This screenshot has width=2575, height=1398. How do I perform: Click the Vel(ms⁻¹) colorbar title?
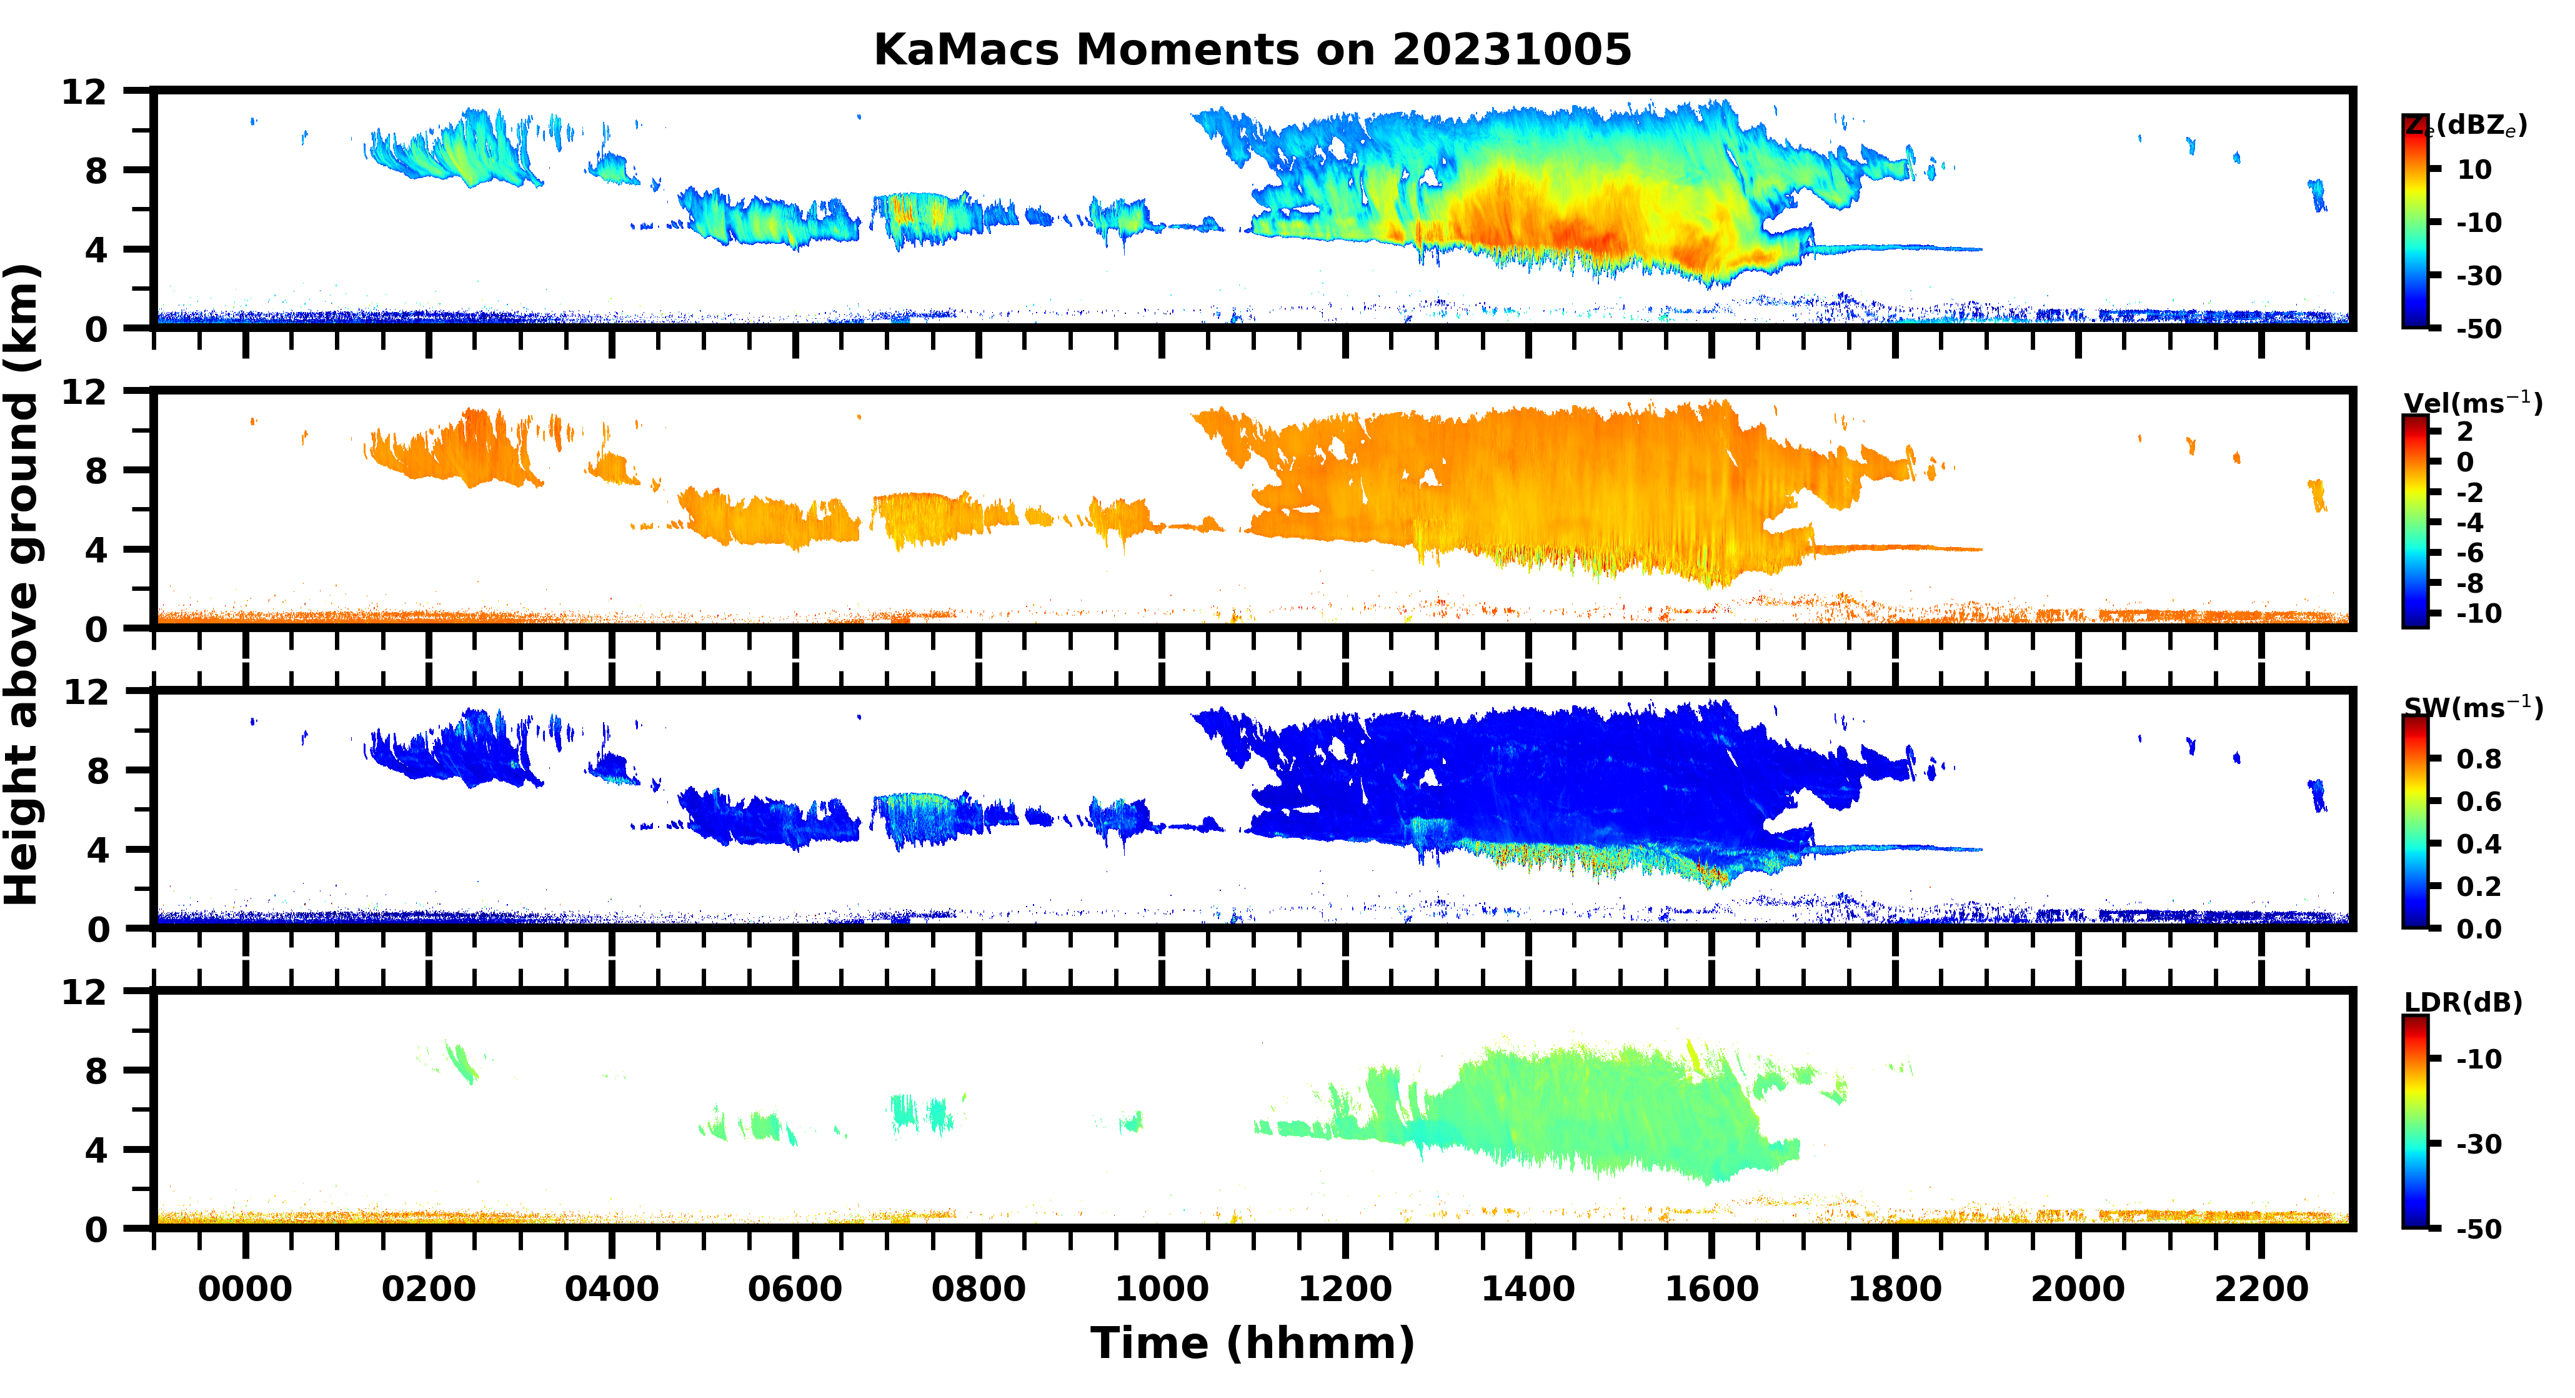(x=2472, y=403)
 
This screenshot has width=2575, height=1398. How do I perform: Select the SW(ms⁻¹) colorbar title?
(x=2472, y=707)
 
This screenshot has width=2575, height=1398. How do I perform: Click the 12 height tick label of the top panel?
(x=84, y=92)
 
